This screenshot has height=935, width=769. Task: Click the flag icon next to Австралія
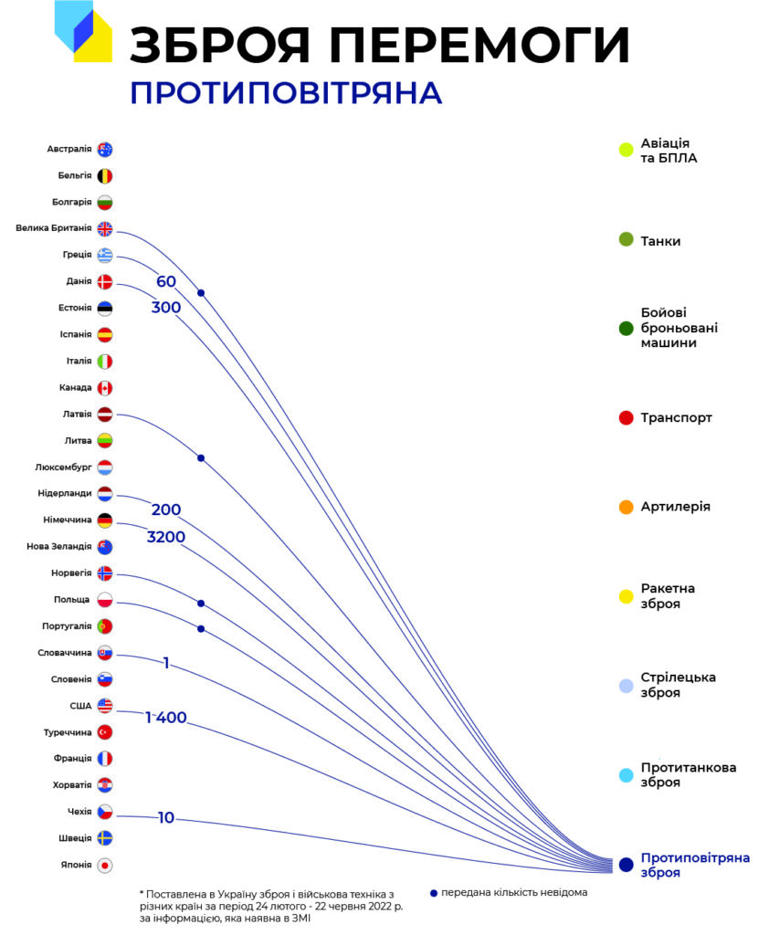pyautogui.click(x=105, y=149)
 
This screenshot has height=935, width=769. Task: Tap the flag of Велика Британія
pyautogui.click(x=105, y=229)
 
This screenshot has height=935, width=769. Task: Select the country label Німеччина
pyautogui.click(x=68, y=520)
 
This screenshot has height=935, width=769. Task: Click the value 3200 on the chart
pyautogui.click(x=166, y=537)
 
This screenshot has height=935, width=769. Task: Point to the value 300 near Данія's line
pyautogui.click(x=166, y=307)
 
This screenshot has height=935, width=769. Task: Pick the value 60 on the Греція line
pyautogui.click(x=166, y=281)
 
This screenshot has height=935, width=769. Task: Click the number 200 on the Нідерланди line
pyautogui.click(x=166, y=510)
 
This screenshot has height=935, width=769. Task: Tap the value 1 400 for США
pyautogui.click(x=166, y=718)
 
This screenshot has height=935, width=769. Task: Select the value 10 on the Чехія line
pyautogui.click(x=166, y=817)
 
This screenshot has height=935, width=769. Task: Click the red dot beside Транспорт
pyautogui.click(x=626, y=418)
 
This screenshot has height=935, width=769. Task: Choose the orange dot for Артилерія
pyautogui.click(x=626, y=508)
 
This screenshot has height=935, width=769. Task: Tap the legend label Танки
pyautogui.click(x=660, y=241)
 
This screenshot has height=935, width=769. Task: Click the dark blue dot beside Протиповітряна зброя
pyautogui.click(x=626, y=865)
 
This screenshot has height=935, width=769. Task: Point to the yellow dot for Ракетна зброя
pyautogui.click(x=626, y=596)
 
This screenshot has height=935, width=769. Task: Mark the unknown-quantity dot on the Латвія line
pyautogui.click(x=201, y=458)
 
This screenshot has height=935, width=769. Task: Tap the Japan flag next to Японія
pyautogui.click(x=105, y=866)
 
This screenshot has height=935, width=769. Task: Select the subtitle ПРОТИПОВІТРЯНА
pyautogui.click(x=286, y=94)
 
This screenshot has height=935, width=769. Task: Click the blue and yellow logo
pyautogui.click(x=83, y=31)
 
